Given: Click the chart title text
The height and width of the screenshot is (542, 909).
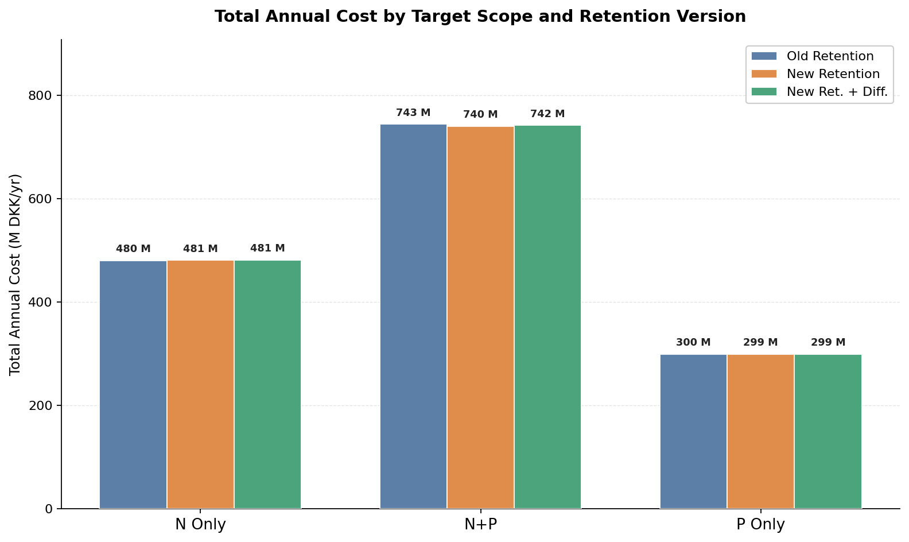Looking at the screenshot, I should coord(480,17).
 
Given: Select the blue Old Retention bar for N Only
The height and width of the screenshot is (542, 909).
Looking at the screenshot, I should coord(133,385).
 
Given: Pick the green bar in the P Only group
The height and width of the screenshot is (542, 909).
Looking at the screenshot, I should coord(828,431).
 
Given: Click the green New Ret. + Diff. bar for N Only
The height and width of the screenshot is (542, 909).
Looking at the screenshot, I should coord(267,385).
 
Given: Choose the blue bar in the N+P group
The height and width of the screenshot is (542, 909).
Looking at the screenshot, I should coord(413,316).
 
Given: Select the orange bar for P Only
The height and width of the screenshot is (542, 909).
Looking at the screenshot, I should coord(760,431).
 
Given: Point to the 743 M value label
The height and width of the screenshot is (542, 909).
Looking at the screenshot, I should coord(413,113).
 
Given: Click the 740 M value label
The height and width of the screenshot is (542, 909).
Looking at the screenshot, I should coord(480,115).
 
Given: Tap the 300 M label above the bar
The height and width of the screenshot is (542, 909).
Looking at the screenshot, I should coord(693,343).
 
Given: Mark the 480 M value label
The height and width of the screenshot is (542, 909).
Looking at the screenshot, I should coord(133,249).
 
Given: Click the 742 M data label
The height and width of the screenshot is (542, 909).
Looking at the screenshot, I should coord(547,114).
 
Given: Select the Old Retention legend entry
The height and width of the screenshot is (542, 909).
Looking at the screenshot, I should coord(830,56).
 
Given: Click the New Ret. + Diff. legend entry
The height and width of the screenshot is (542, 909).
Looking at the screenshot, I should coord(837,92).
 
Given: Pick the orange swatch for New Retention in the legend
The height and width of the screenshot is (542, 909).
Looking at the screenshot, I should coord(764,74).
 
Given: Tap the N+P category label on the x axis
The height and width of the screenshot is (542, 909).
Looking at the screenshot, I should coord(480,525).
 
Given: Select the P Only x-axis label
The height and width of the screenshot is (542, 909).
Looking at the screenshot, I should coord(760,525).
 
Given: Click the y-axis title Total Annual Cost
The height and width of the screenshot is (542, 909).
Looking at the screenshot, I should coord(15,274).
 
